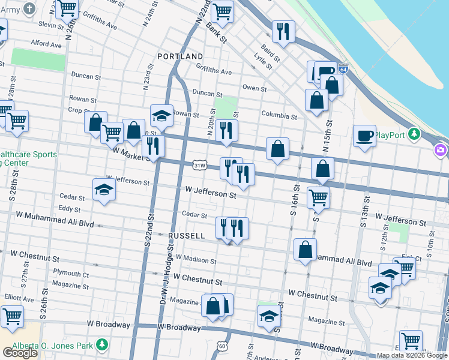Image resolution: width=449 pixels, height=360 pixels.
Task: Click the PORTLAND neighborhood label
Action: (180, 56)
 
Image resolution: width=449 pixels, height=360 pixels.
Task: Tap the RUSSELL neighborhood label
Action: (187, 236)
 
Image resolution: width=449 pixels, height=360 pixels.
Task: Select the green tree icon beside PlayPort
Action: (414, 134)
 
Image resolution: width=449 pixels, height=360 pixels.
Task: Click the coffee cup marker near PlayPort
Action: (364, 136)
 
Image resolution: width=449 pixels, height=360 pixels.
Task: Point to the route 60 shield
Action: (222, 346)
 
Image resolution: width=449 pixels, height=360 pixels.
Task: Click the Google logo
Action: (20, 353)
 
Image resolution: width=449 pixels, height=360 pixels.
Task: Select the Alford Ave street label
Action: (46, 44)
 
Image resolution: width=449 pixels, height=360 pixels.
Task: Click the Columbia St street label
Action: (279, 115)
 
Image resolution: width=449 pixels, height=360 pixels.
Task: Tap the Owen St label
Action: (254, 88)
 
